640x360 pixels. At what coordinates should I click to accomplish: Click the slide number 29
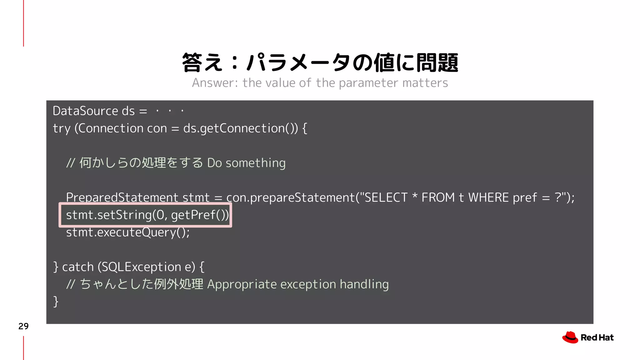23,326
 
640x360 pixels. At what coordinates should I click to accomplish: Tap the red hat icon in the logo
570,337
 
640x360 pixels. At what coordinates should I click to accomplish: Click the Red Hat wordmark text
597,338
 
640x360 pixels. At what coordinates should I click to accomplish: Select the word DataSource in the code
85,111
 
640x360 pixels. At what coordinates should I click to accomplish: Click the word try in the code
61,128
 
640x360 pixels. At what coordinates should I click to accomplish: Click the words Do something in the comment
246,163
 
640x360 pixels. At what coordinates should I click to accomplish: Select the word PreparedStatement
122,197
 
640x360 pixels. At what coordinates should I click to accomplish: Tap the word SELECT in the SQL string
386,197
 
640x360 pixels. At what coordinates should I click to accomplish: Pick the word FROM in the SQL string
438,197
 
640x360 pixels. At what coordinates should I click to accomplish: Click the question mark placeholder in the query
558,197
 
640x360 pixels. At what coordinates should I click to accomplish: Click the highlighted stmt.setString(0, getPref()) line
147,215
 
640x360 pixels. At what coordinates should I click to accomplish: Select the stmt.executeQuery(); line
128,232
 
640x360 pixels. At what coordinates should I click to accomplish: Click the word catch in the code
78,267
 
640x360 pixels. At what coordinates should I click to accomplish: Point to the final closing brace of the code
56,302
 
